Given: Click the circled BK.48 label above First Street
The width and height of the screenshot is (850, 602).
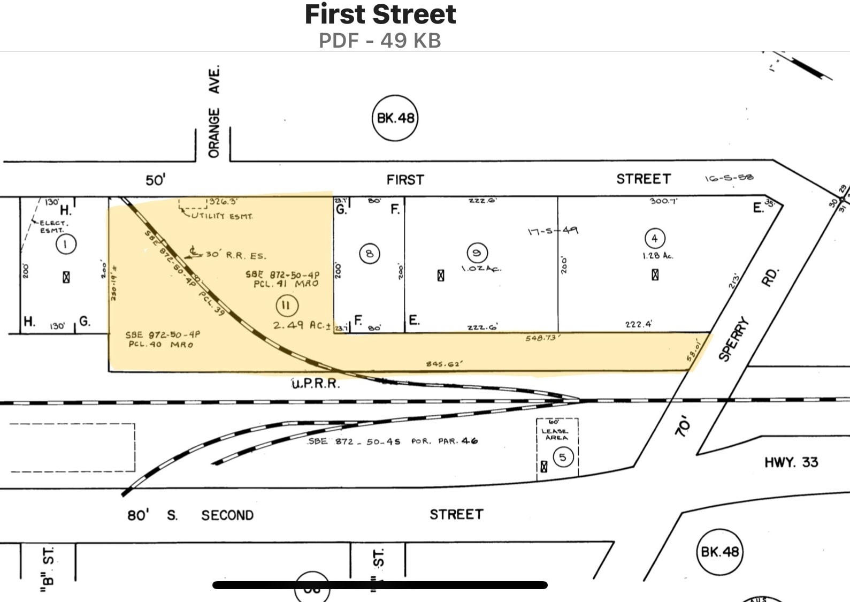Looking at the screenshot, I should click(x=395, y=118).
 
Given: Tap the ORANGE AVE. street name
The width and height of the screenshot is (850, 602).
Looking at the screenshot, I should click(x=214, y=112).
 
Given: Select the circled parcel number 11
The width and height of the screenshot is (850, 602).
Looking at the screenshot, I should click(x=286, y=306).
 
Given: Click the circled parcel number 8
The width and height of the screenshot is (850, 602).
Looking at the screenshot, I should click(x=369, y=253).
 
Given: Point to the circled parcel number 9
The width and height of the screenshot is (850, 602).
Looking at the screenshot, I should click(x=477, y=252).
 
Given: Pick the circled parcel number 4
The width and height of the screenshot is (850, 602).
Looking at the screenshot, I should click(x=655, y=238).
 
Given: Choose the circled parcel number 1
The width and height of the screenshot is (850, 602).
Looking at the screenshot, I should click(x=66, y=245).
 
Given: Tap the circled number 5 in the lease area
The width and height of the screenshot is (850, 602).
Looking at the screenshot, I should click(x=562, y=457).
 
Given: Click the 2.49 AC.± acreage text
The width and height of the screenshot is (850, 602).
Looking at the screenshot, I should click(x=302, y=325).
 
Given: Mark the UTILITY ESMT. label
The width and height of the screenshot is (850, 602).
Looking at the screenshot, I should click(x=223, y=216).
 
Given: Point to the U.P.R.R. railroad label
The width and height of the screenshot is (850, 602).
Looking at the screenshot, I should click(x=316, y=384).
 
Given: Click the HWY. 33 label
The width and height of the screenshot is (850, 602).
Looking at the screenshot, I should click(x=791, y=462).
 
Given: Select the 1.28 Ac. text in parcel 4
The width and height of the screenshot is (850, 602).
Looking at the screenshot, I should click(x=657, y=256).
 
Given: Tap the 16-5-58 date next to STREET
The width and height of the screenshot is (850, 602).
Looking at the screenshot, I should click(x=729, y=178).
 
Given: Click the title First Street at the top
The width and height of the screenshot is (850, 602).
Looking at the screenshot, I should click(x=380, y=14).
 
